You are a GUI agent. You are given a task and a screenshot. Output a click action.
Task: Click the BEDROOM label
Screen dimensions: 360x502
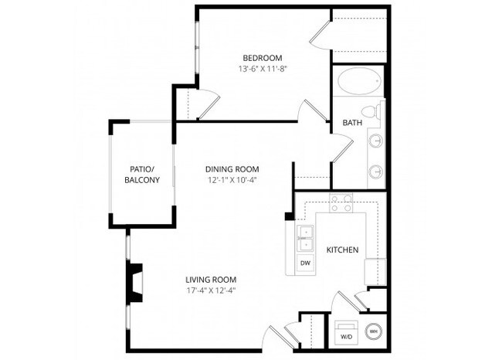click(262, 58)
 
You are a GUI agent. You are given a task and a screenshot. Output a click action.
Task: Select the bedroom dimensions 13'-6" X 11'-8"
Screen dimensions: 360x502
click(262, 69)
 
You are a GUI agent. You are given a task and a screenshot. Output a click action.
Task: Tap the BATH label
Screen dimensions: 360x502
click(352, 123)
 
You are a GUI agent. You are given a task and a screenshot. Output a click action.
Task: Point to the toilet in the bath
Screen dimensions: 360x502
click(373, 113)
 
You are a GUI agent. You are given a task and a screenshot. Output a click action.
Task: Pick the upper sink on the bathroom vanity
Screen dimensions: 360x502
click(375, 141)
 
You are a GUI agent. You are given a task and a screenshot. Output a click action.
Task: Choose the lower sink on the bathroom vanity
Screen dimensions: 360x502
click(375, 171)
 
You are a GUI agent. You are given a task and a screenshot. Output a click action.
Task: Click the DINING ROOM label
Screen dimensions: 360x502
click(232, 169)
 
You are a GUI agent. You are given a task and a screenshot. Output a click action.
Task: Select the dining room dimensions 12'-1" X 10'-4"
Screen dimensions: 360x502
click(232, 180)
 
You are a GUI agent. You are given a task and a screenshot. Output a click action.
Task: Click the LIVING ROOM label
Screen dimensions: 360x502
click(210, 280)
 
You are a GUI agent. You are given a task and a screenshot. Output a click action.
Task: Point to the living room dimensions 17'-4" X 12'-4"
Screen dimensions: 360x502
click(210, 290)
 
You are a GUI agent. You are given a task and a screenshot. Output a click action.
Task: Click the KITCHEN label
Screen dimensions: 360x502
click(342, 250)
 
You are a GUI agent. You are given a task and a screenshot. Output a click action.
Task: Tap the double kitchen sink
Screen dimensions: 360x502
click(305, 238)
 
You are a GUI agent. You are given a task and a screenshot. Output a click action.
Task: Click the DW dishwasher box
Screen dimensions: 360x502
click(305, 263)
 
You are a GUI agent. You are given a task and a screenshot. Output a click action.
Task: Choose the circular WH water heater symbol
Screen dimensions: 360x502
click(373, 331)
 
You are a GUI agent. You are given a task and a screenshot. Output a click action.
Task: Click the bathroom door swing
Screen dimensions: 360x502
click(341, 145)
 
